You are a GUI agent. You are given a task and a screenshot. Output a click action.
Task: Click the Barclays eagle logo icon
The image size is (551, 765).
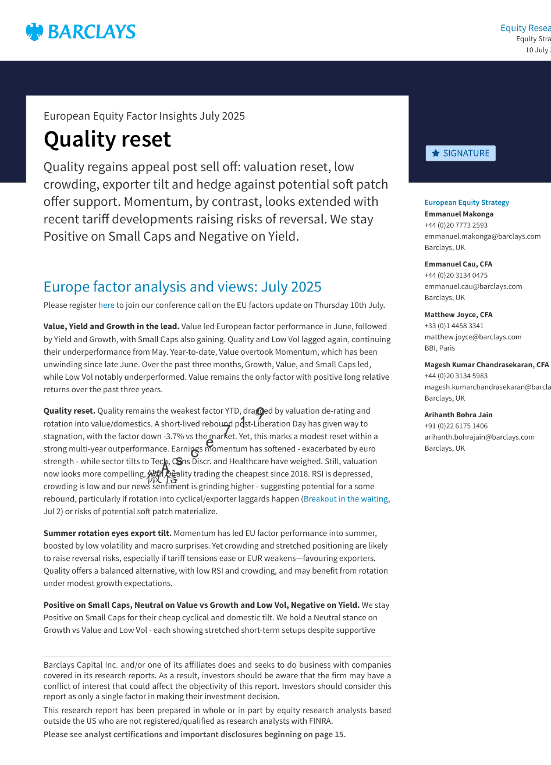pos(34,32)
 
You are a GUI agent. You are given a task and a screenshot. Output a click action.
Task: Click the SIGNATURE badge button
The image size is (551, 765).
pos(461,153)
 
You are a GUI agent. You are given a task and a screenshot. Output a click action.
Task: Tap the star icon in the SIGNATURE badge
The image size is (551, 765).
pos(436,153)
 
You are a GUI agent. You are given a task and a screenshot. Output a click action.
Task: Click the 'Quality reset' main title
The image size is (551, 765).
pos(107,139)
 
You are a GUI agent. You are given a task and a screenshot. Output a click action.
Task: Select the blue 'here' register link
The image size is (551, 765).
pos(106,305)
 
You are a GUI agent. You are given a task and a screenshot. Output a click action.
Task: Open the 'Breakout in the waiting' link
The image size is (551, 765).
pos(346,499)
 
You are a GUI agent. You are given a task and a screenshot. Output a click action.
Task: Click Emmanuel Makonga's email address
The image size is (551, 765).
pos(482,236)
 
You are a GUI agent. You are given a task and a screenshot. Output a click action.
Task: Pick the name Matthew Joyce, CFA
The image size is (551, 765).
pos(458,314)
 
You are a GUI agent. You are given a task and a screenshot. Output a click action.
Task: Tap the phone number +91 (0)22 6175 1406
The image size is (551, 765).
pos(456,426)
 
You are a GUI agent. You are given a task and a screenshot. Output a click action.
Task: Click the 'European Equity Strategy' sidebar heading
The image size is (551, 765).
pos(467,203)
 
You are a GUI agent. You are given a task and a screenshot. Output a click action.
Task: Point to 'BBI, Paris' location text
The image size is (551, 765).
pos(439,348)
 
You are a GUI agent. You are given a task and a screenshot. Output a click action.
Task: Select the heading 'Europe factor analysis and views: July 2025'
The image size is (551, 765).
pos(182,287)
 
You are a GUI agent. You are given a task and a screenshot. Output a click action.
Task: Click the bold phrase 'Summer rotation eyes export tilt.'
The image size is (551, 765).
pos(108,533)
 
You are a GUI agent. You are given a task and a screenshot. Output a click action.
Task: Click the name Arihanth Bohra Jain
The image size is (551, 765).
pos(458,415)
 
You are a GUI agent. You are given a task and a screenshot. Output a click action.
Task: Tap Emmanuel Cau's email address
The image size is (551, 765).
pos(473,287)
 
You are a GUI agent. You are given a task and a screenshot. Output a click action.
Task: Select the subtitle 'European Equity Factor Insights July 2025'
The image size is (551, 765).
pos(144,116)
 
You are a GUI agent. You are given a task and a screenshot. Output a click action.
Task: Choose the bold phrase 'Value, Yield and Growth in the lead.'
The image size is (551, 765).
pos(111,326)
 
